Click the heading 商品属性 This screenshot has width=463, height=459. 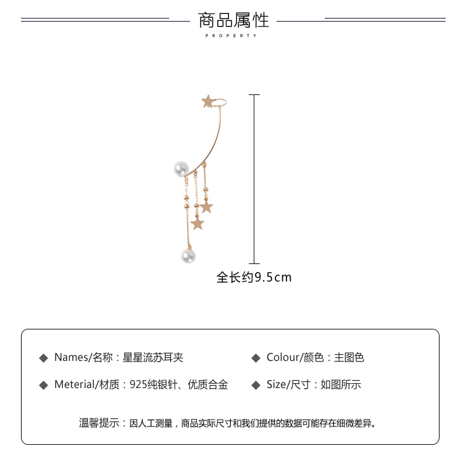(233, 20)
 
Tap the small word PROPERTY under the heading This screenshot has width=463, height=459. (231, 36)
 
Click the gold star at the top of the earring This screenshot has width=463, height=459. (208, 101)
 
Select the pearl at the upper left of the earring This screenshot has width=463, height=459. (181, 168)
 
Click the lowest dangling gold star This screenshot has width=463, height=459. (197, 223)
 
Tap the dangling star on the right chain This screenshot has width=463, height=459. (206, 206)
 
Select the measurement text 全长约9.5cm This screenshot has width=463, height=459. (254, 278)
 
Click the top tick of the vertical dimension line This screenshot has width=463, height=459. (254, 95)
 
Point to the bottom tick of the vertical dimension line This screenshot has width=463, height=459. (254, 263)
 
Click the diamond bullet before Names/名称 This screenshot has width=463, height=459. (43, 358)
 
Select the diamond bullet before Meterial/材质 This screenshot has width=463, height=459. (43, 385)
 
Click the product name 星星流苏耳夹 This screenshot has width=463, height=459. (152, 357)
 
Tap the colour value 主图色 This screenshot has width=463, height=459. (349, 357)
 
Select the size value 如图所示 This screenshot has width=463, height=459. (340, 385)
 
